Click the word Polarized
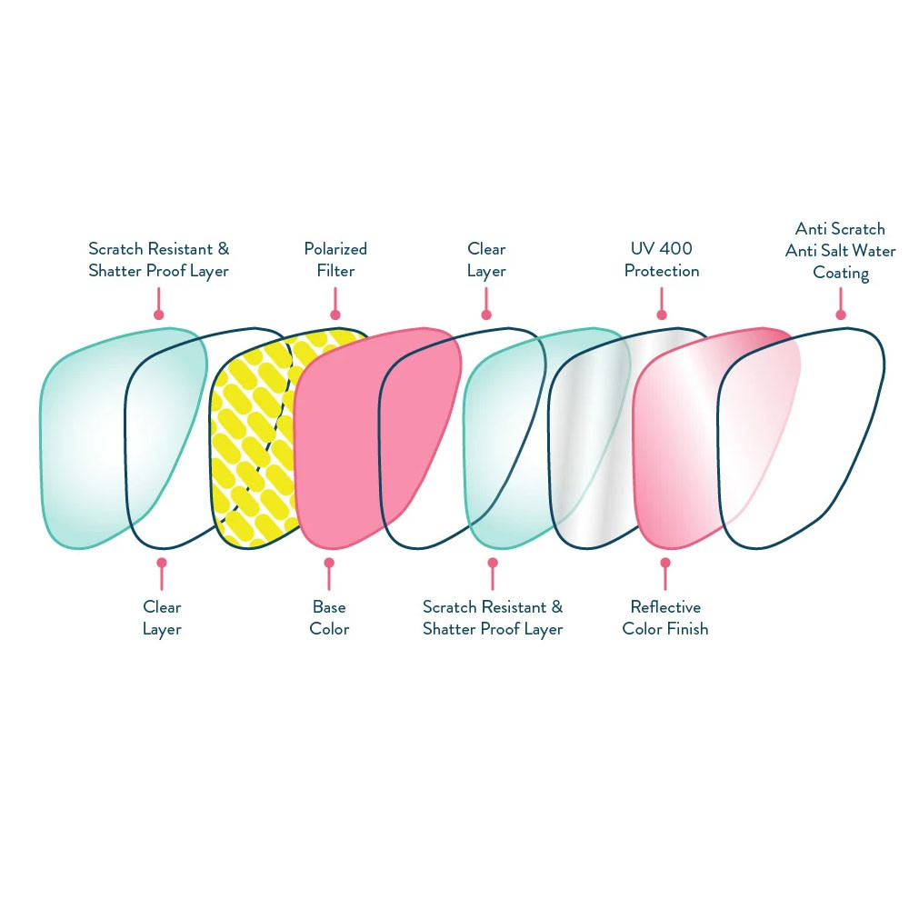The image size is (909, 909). point(335,249)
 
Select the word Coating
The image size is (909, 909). point(841,273)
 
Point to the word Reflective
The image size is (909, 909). point(665,607)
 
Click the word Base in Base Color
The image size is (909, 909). point(329,607)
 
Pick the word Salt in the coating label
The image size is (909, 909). point(839,251)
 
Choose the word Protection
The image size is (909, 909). point(662,271)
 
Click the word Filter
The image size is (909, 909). point(335,271)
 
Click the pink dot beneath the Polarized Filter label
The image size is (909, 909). point(335,315)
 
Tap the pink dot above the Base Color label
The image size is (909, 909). point(329,563)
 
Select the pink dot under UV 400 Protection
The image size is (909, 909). point(661,315)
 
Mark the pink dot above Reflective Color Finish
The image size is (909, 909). point(665,563)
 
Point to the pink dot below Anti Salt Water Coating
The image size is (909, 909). point(841,315)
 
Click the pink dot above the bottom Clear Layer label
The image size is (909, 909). point(162,563)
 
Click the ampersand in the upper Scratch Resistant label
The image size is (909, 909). point(223,249)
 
